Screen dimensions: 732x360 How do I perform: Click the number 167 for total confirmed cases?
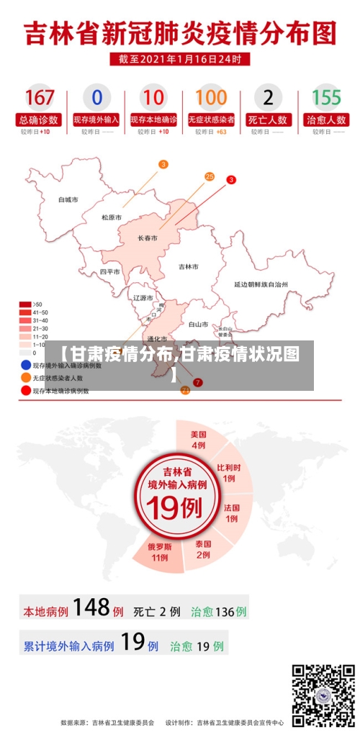[x=40, y=98]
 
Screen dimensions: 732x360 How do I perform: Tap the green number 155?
[x=326, y=98]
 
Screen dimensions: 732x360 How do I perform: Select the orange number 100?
[x=211, y=98]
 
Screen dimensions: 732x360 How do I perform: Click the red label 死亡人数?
[x=269, y=119]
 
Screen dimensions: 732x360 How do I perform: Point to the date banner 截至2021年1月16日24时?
[x=180, y=59]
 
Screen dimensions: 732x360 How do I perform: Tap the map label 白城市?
[x=68, y=199]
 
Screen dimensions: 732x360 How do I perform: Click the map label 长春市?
[x=148, y=237]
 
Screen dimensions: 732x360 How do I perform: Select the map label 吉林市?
[x=189, y=266]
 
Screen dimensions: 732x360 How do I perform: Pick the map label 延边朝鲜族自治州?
[x=261, y=285]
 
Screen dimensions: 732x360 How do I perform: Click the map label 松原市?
[x=112, y=217]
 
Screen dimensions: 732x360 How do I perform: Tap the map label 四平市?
[x=110, y=272]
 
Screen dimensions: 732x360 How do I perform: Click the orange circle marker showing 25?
[x=210, y=176]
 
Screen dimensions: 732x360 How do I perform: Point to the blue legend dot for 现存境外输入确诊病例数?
[x=25, y=365]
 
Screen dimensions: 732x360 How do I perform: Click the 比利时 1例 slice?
[x=228, y=472]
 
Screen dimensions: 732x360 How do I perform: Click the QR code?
[x=323, y=694]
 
